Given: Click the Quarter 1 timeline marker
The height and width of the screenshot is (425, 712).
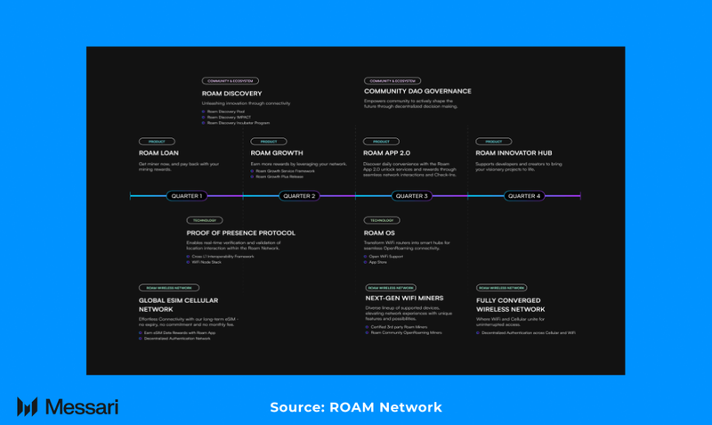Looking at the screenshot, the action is point(187,196).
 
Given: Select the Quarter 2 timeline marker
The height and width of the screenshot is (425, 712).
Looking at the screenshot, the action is point(299,196).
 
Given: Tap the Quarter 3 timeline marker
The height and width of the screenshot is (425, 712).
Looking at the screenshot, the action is point(411,196).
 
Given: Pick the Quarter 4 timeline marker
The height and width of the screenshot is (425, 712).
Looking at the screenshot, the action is point(524,196).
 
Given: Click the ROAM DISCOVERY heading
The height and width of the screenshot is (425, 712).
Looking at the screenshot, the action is point(231,93).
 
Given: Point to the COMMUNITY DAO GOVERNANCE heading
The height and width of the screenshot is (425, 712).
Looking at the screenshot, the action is point(417,91).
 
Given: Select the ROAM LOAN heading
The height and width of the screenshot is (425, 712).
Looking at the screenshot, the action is point(158,153).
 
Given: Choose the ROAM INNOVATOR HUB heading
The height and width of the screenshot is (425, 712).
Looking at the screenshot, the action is point(514,153).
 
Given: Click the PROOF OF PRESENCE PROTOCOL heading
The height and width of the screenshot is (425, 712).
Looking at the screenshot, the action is point(240,233).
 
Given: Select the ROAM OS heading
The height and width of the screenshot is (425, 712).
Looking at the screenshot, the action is point(379,233).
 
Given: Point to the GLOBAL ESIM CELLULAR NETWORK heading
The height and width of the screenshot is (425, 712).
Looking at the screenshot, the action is point(178,305).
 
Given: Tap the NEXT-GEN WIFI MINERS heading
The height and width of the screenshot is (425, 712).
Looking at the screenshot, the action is point(404,298).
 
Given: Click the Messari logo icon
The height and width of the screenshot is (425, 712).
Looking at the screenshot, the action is point(27,407).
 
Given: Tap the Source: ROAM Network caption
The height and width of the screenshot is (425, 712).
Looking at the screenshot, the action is point(356,407).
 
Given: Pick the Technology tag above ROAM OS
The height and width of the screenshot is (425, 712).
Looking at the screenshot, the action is point(381,220).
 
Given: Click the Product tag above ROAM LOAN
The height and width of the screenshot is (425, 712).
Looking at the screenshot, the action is point(157,142).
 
